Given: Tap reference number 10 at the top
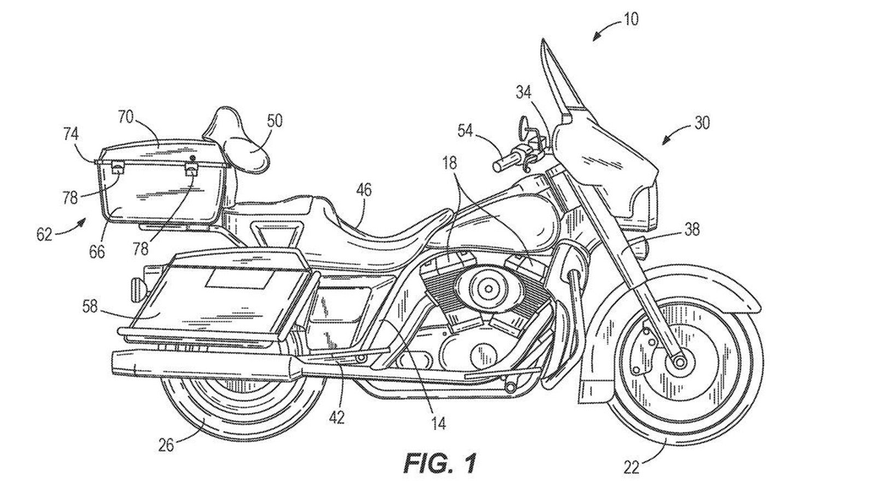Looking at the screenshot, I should click(x=629, y=20).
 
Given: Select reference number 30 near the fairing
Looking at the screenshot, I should click(x=702, y=123).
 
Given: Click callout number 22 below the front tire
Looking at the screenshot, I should click(x=632, y=468).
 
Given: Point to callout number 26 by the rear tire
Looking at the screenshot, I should click(x=166, y=445).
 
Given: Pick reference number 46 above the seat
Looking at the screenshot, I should click(x=364, y=190).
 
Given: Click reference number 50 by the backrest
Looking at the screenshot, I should click(x=275, y=120).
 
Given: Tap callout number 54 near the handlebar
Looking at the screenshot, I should click(x=466, y=130).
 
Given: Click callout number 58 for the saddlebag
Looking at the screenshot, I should click(x=90, y=306).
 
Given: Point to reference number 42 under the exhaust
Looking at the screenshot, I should click(x=337, y=417).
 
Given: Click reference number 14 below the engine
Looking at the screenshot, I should click(x=439, y=423).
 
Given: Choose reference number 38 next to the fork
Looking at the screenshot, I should click(x=692, y=230).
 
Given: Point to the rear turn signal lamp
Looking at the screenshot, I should click(x=138, y=286).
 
